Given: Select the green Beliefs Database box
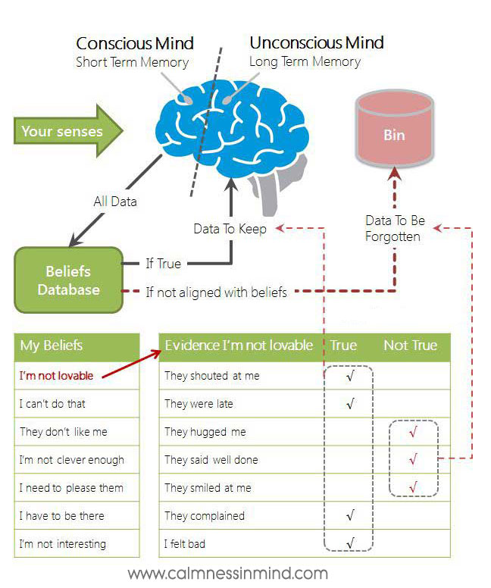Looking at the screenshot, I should click(68, 280).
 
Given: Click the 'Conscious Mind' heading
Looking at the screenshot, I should click(135, 42).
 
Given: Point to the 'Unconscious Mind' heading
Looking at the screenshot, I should click(317, 42).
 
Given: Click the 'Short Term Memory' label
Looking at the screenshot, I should click(132, 62).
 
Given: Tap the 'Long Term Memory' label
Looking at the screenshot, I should click(306, 62).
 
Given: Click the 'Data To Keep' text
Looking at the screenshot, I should click(230, 228).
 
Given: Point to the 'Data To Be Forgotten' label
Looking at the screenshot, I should click(395, 228).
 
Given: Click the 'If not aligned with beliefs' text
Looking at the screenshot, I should click(216, 292).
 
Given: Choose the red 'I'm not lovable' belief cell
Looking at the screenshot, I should click(56, 376).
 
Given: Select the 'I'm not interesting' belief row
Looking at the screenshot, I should click(62, 544).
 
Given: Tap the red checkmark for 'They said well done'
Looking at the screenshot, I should click(413, 459).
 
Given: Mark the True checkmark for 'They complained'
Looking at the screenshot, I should click(349, 516).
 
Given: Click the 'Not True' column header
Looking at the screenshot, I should click(410, 346).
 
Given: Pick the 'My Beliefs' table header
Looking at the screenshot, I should click(52, 346).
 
